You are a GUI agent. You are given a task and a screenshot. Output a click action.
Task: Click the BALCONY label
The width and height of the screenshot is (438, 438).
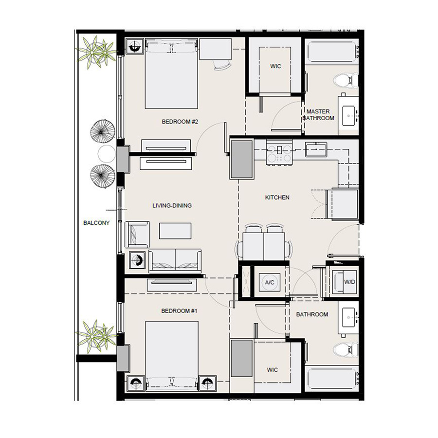pos(96,223)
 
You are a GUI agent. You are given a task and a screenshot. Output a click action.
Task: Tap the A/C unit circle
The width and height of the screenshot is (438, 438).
pos(269,282)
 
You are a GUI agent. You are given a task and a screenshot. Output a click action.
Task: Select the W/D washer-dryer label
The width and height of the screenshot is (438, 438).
pos(348,282)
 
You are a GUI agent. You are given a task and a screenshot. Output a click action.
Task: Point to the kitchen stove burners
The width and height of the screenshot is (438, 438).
pos(279,153)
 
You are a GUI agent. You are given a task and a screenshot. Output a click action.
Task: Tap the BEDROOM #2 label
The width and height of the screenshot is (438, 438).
pos(180,122)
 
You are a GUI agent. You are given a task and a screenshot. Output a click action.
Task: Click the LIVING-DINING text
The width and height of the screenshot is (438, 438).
pos(172,205)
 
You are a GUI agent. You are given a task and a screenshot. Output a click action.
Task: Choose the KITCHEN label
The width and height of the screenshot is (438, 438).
pos(277,198)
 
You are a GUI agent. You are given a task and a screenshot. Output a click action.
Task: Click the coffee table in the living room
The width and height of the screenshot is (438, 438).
pos(175,230)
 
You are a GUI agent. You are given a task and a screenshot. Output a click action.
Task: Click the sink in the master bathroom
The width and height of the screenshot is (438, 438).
pos(350,115)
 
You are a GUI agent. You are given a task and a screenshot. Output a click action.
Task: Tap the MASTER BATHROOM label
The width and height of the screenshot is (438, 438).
pos(319,115)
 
